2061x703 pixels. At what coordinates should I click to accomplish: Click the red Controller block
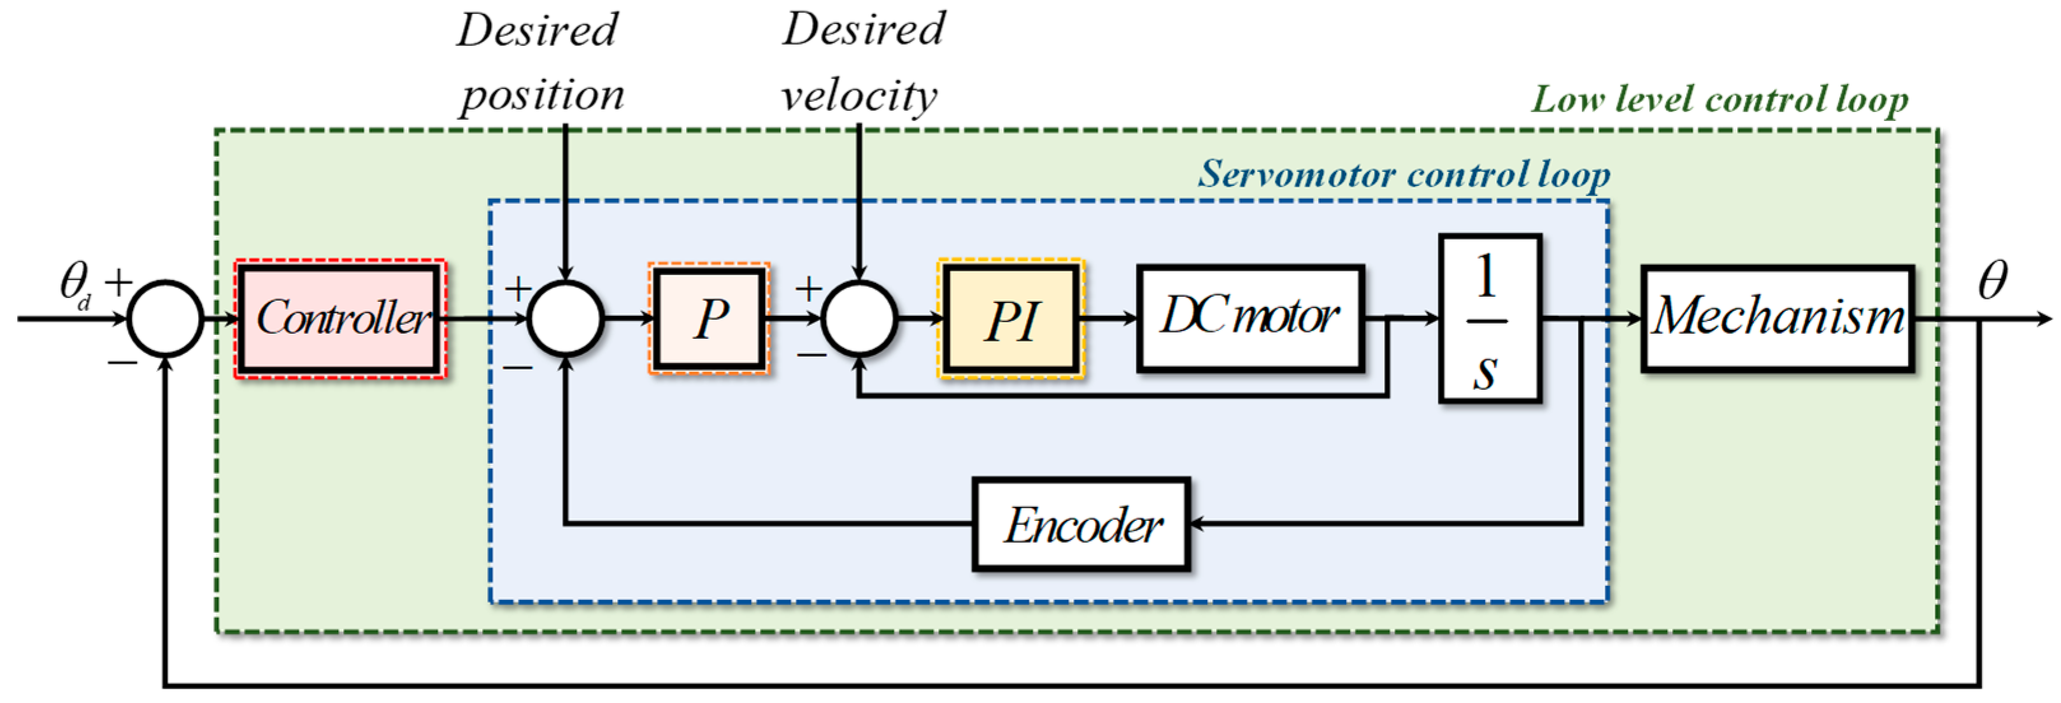point(340,318)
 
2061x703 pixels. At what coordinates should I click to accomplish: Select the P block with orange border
point(710,318)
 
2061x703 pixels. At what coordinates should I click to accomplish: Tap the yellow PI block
point(1011,318)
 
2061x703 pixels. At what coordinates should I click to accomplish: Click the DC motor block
point(1250,318)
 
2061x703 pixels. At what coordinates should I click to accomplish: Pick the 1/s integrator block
point(1489,318)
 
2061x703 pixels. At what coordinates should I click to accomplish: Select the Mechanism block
point(1777,318)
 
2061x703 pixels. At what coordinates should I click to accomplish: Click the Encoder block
point(1081,525)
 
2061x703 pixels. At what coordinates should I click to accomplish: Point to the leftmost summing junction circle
point(166,318)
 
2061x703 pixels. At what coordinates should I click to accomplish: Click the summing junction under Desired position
point(566,318)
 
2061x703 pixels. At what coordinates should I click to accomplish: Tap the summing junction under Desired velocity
point(859,318)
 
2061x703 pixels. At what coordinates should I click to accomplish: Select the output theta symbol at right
point(1992,280)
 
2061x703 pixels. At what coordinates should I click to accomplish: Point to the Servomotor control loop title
point(1403,174)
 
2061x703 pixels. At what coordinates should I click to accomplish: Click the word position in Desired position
point(541,96)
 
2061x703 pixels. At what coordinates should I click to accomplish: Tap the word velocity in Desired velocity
point(859,96)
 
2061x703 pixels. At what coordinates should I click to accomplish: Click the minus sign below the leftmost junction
point(122,364)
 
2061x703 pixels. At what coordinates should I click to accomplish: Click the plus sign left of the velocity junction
point(809,288)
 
